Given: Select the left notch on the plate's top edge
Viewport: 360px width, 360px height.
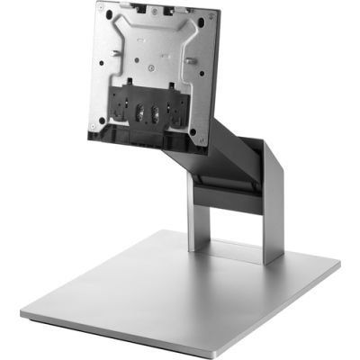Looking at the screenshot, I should coord(122,8).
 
